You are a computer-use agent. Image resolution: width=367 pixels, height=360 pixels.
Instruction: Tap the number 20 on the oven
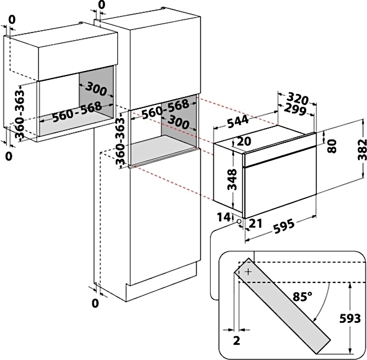(x=243, y=142)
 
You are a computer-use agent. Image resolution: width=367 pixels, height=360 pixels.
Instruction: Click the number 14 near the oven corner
(x=224, y=217)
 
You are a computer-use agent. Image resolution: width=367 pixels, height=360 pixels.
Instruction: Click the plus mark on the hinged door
(x=247, y=272)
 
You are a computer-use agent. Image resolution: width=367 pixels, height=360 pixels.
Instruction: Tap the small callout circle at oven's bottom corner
(x=240, y=221)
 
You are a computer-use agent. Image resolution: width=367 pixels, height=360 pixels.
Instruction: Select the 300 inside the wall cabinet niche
(x=96, y=89)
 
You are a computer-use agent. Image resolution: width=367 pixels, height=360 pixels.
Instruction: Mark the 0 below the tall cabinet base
(x=95, y=303)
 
